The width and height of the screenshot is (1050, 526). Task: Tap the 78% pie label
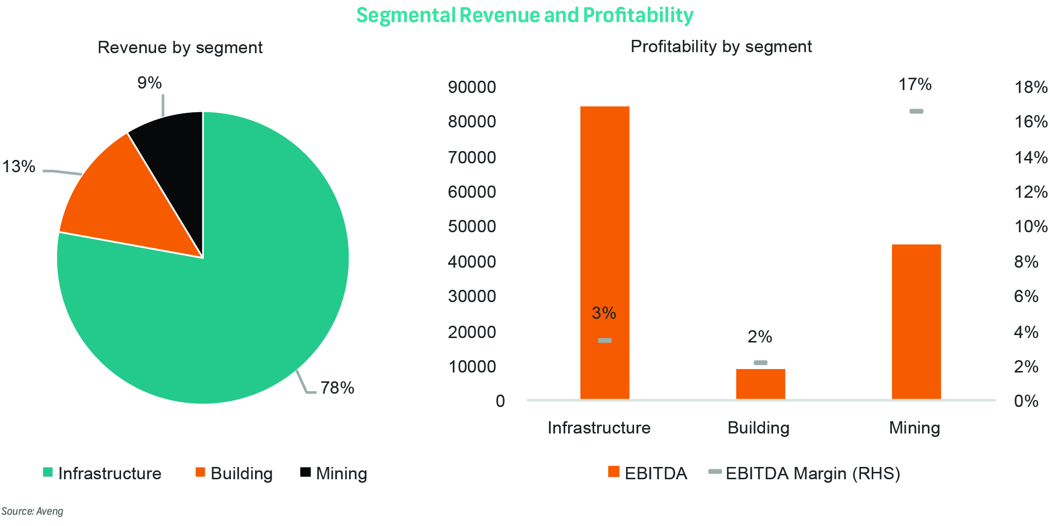[337, 388]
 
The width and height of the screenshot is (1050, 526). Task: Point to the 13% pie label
[19, 167]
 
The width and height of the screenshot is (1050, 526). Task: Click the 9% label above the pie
[150, 83]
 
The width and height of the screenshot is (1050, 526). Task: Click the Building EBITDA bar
[760, 384]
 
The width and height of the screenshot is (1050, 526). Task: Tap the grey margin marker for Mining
[916, 111]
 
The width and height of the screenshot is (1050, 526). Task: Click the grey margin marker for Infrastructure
[605, 340]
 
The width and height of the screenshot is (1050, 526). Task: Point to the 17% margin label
[915, 85]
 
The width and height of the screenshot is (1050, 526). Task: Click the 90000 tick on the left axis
[472, 87]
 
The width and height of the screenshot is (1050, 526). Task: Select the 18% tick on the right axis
[1031, 88]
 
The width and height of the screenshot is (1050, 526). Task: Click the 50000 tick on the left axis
[472, 226]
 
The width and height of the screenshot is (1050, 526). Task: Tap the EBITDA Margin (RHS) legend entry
[812, 473]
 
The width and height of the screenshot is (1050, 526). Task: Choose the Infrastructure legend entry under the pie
[109, 473]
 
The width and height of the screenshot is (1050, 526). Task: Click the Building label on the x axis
[758, 428]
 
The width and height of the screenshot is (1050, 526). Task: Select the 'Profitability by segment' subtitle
[721, 46]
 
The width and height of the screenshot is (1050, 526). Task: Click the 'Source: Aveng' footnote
[32, 511]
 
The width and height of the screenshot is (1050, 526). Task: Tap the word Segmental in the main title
[406, 15]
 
